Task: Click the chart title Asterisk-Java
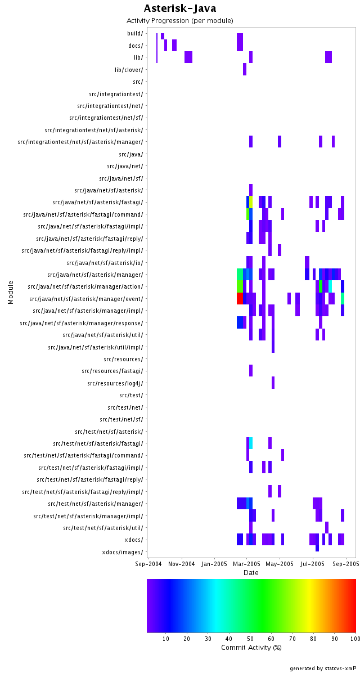(x=180, y=8)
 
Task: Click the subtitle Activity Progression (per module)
(x=180, y=21)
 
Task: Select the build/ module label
(x=135, y=33)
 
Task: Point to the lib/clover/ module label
(x=129, y=70)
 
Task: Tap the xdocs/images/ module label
(x=123, y=552)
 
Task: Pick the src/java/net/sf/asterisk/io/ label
(x=105, y=263)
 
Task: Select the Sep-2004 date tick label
(x=148, y=563)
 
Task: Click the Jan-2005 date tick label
(x=214, y=563)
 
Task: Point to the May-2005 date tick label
(x=280, y=563)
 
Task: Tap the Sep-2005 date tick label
(x=345, y=563)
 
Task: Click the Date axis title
(x=251, y=573)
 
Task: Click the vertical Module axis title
(x=11, y=292)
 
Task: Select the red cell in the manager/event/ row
(x=240, y=298)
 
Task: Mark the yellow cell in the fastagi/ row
(x=251, y=202)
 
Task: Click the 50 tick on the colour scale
(x=251, y=639)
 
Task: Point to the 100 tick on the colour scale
(x=353, y=639)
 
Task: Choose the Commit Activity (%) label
(x=251, y=648)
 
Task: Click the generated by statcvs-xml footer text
(x=323, y=668)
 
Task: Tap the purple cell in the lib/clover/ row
(x=245, y=69)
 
